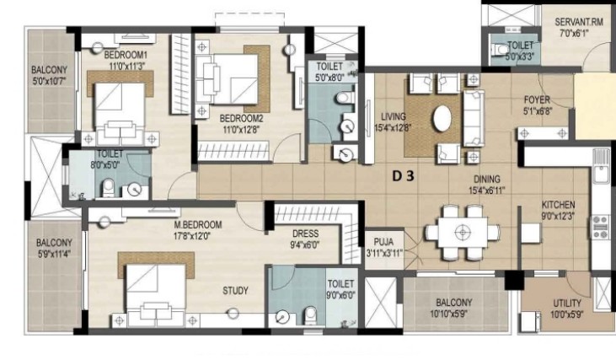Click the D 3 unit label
(x=404, y=176)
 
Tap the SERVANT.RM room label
(x=579, y=22)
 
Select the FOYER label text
(x=537, y=99)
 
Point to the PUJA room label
(x=383, y=242)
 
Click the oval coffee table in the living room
(x=442, y=118)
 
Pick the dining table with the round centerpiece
(x=463, y=232)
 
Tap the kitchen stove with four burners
(x=600, y=227)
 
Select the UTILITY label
(x=567, y=304)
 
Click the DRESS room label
(x=305, y=234)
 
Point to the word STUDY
(x=235, y=291)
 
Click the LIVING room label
(x=394, y=116)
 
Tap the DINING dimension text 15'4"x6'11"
(x=487, y=191)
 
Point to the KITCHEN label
(x=558, y=205)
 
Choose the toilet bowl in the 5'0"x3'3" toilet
(x=499, y=50)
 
